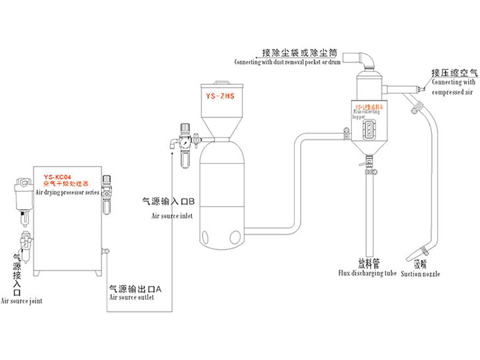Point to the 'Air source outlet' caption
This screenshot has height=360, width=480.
click(131, 297)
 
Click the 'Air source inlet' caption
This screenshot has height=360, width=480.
click(172, 216)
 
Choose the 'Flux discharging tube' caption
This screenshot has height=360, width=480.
click(367, 273)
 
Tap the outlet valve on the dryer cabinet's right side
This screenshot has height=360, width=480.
click(105, 251)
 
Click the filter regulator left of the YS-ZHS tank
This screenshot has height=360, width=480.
click(184, 143)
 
